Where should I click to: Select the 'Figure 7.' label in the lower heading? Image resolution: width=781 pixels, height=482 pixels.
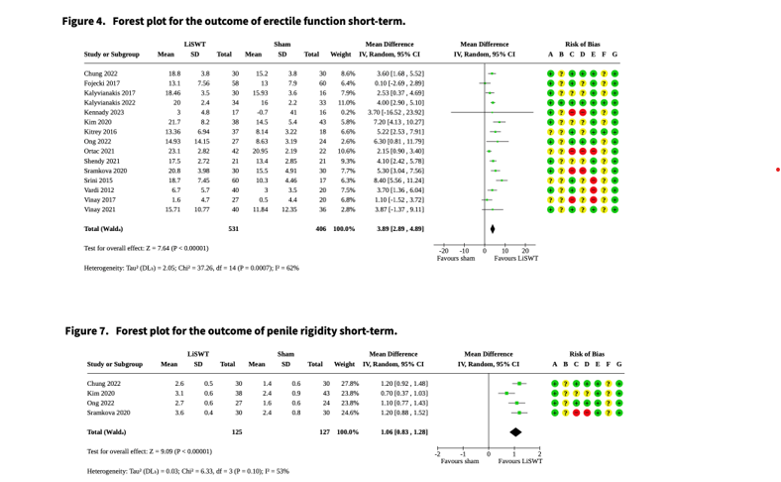87,329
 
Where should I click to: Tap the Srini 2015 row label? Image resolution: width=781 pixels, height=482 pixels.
97,180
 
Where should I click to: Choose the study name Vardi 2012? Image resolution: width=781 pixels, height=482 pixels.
98,189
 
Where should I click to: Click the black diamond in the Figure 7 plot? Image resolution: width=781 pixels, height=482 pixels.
515,431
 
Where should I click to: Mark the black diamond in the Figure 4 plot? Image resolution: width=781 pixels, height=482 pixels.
493,229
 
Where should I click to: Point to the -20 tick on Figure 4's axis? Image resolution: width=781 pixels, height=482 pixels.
444,251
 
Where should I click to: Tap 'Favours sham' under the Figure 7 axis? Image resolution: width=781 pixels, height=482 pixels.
459,461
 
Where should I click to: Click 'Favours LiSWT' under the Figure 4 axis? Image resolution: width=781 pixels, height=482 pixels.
516,258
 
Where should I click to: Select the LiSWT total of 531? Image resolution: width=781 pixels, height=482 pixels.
234,229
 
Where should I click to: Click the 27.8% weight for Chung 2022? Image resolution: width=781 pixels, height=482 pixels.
349,383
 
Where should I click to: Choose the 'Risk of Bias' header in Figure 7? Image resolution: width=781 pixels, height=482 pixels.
587,353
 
